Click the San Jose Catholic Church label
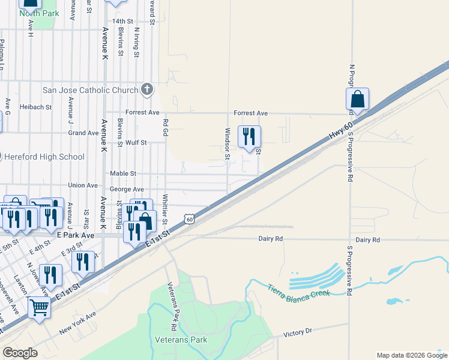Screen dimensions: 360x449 pyautogui.click(x=90, y=91)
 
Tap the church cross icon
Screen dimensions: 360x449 pyautogui.click(x=146, y=90)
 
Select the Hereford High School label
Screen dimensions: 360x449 pyautogui.click(x=44, y=157)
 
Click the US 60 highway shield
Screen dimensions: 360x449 pyautogui.click(x=190, y=220)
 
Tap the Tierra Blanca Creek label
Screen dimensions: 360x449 pyautogui.click(x=298, y=293)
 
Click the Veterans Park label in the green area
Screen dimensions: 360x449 pyautogui.click(x=181, y=340)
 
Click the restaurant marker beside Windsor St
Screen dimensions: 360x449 pyautogui.click(x=249, y=136)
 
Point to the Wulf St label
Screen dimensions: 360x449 pyautogui.click(x=136, y=143)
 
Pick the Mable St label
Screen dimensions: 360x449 pyautogui.click(x=123, y=173)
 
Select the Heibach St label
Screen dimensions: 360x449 pyautogui.click(x=35, y=107)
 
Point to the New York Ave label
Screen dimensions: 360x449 pyautogui.click(x=77, y=324)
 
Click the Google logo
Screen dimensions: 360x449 pyautogui.click(x=20, y=353)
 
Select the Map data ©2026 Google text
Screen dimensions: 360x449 pyautogui.click(x=412, y=355)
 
